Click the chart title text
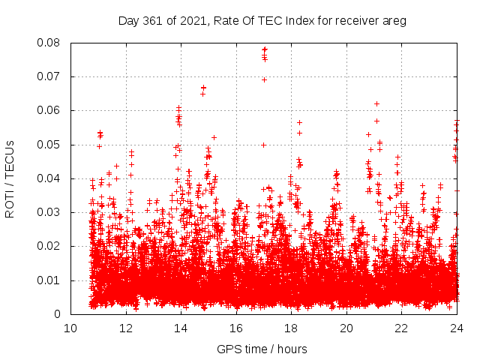click(262, 21)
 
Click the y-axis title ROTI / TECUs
click(10, 178)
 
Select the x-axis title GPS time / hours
click(262, 349)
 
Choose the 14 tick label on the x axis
click(181, 328)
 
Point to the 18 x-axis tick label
click(291, 328)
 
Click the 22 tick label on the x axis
click(401, 328)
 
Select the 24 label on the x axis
click(456, 328)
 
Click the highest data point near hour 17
click(264, 49)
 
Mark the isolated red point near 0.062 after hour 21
click(376, 103)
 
